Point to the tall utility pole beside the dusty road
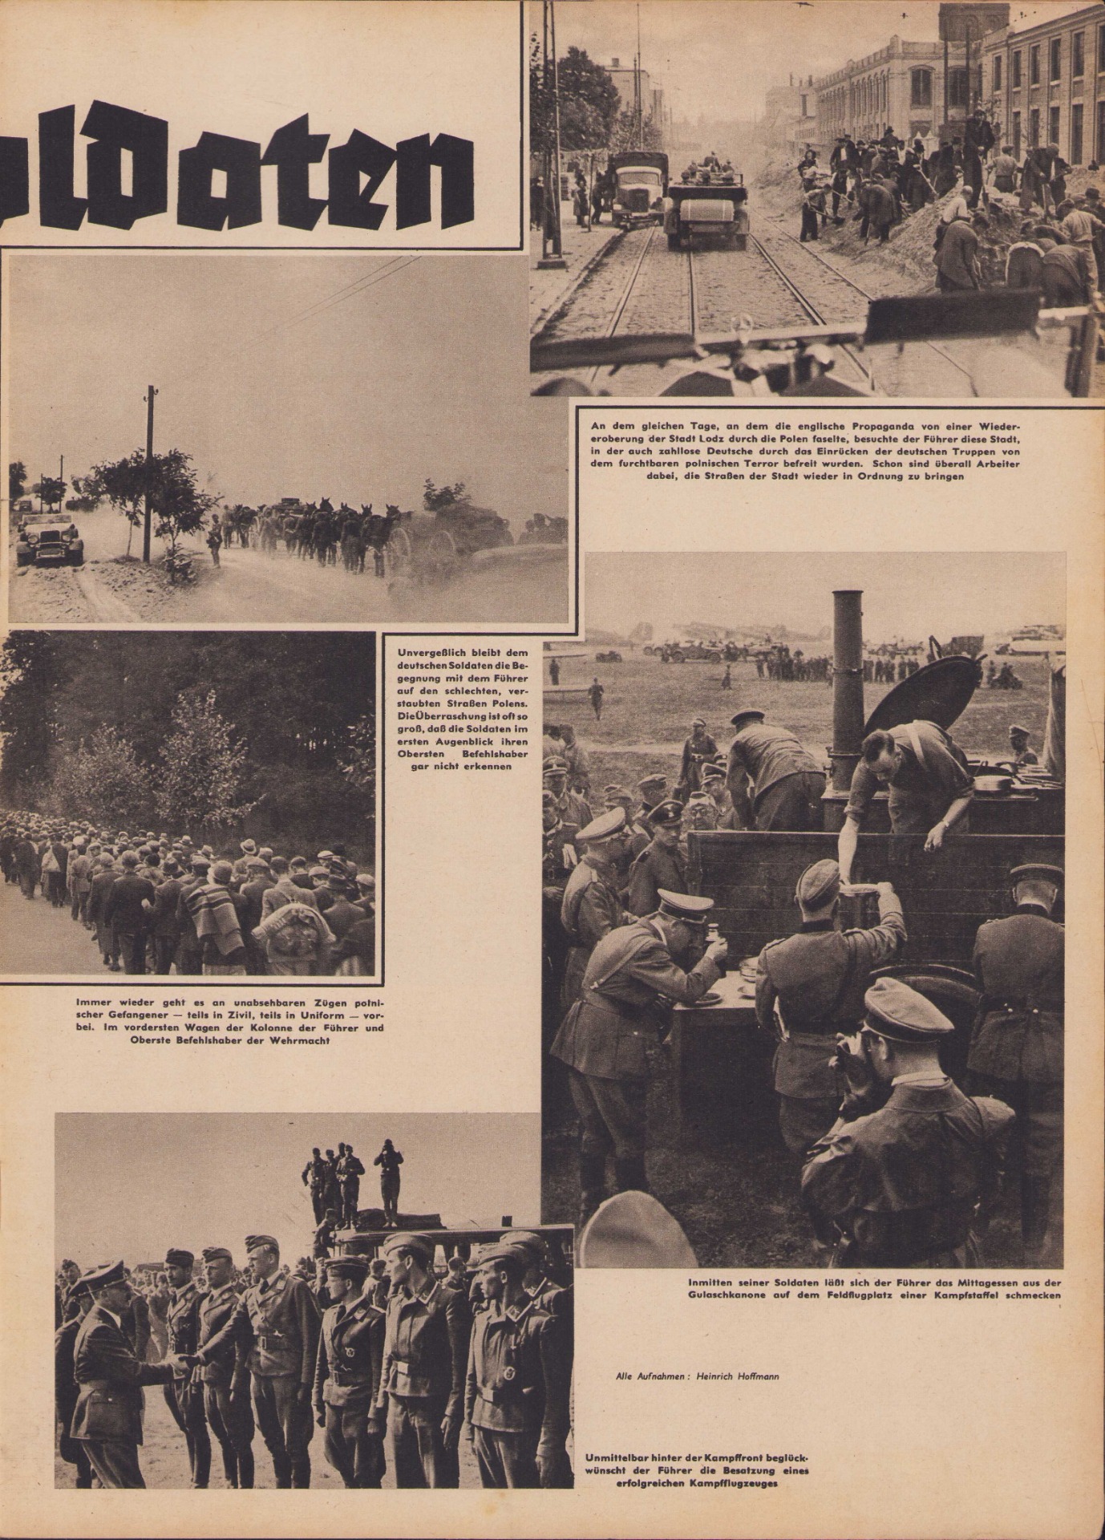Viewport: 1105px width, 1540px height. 148,473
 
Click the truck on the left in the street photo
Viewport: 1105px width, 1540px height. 637,188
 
